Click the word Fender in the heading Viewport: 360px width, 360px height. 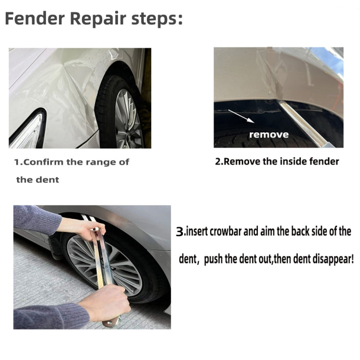click(x=35, y=19)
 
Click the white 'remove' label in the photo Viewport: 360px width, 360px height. click(x=269, y=134)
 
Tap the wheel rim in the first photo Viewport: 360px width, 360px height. click(x=128, y=118)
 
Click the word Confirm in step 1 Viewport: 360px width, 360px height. click(x=43, y=162)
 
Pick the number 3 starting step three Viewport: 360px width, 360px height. click(x=180, y=232)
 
